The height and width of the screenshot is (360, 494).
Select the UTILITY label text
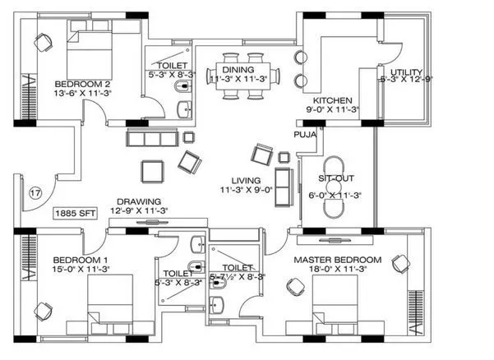click(405, 72)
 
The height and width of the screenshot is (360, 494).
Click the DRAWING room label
click(139, 201)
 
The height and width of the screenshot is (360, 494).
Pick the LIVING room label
click(246, 180)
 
